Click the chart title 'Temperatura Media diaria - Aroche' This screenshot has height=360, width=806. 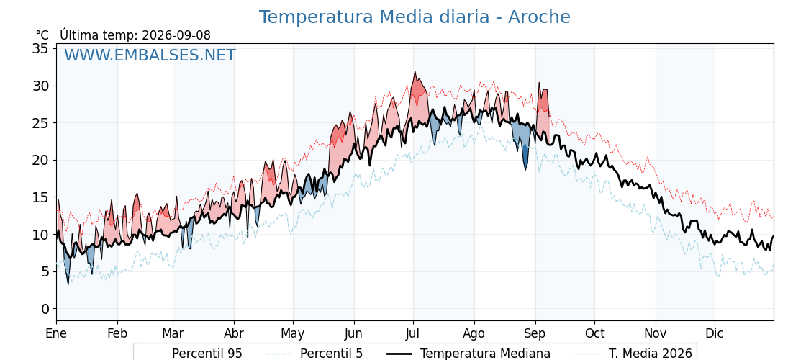[x=415, y=17]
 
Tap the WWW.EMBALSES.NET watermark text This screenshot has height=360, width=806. [x=150, y=55]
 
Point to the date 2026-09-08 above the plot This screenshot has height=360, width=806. [x=176, y=35]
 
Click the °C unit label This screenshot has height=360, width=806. [x=42, y=35]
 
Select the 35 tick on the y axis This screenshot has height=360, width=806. [x=40, y=48]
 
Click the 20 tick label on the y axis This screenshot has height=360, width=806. [x=40, y=160]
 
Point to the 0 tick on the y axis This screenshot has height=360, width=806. [x=45, y=309]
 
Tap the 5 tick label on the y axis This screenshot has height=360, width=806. [x=45, y=271]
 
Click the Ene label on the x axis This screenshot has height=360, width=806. [x=56, y=333]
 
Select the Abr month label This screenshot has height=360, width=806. [x=234, y=333]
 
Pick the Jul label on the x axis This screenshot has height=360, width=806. [x=413, y=333]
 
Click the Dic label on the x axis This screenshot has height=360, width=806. [x=715, y=333]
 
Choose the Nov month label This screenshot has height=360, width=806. [x=656, y=333]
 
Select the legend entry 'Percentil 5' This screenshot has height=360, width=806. [x=314, y=354]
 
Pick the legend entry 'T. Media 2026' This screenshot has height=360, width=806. [x=633, y=354]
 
